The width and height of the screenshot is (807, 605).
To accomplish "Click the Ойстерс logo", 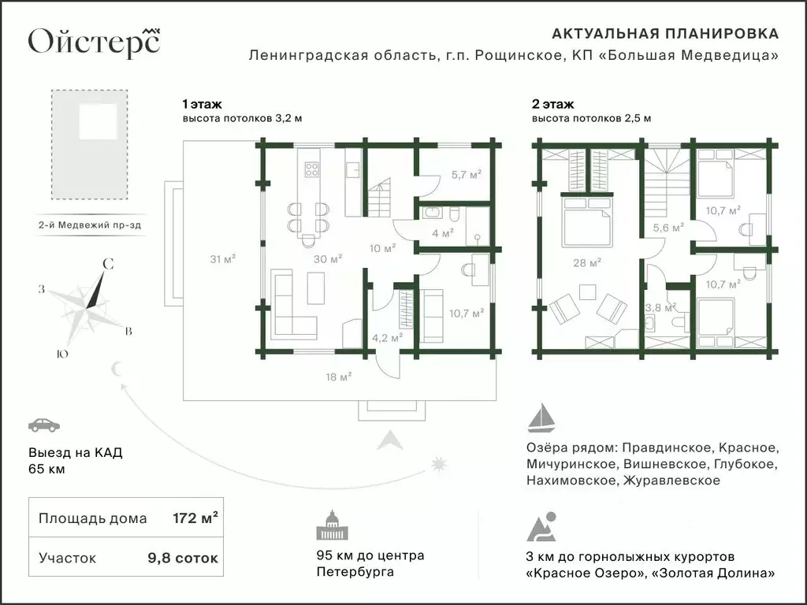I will point(94,42).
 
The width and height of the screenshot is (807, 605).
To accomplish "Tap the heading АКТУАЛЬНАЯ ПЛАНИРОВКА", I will point(665,34).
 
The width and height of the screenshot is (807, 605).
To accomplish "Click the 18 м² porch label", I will point(338,377).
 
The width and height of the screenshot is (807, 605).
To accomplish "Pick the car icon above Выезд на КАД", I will point(43,425).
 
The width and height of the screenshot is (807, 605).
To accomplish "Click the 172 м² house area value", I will point(195,518).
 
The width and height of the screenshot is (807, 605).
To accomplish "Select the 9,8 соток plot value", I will point(183,558).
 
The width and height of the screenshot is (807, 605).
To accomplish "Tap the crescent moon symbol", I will point(118,368).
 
